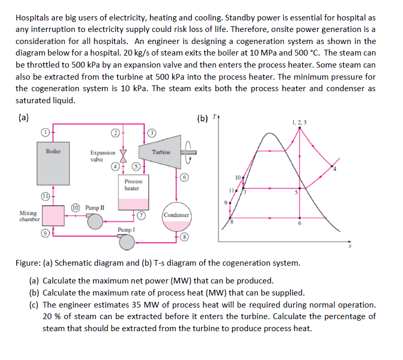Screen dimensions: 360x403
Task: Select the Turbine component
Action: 161,154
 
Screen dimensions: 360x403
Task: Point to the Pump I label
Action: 126,230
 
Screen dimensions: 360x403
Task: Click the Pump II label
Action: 94,208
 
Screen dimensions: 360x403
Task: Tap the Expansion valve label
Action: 103,156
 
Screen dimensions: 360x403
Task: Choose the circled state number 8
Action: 184,237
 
